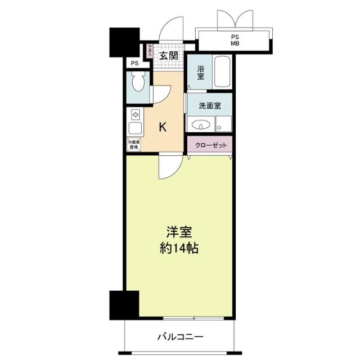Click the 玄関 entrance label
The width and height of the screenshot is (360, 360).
tap(169, 56)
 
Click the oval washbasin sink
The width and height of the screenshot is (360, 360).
tap(200, 125)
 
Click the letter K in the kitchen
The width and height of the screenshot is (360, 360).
tap(163, 127)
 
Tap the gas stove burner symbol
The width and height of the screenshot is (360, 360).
tap(136, 114)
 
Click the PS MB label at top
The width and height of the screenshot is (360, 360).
tap(235, 40)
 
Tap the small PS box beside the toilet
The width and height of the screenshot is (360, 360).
tap(135, 63)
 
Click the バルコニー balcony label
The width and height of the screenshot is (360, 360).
tap(180, 337)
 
